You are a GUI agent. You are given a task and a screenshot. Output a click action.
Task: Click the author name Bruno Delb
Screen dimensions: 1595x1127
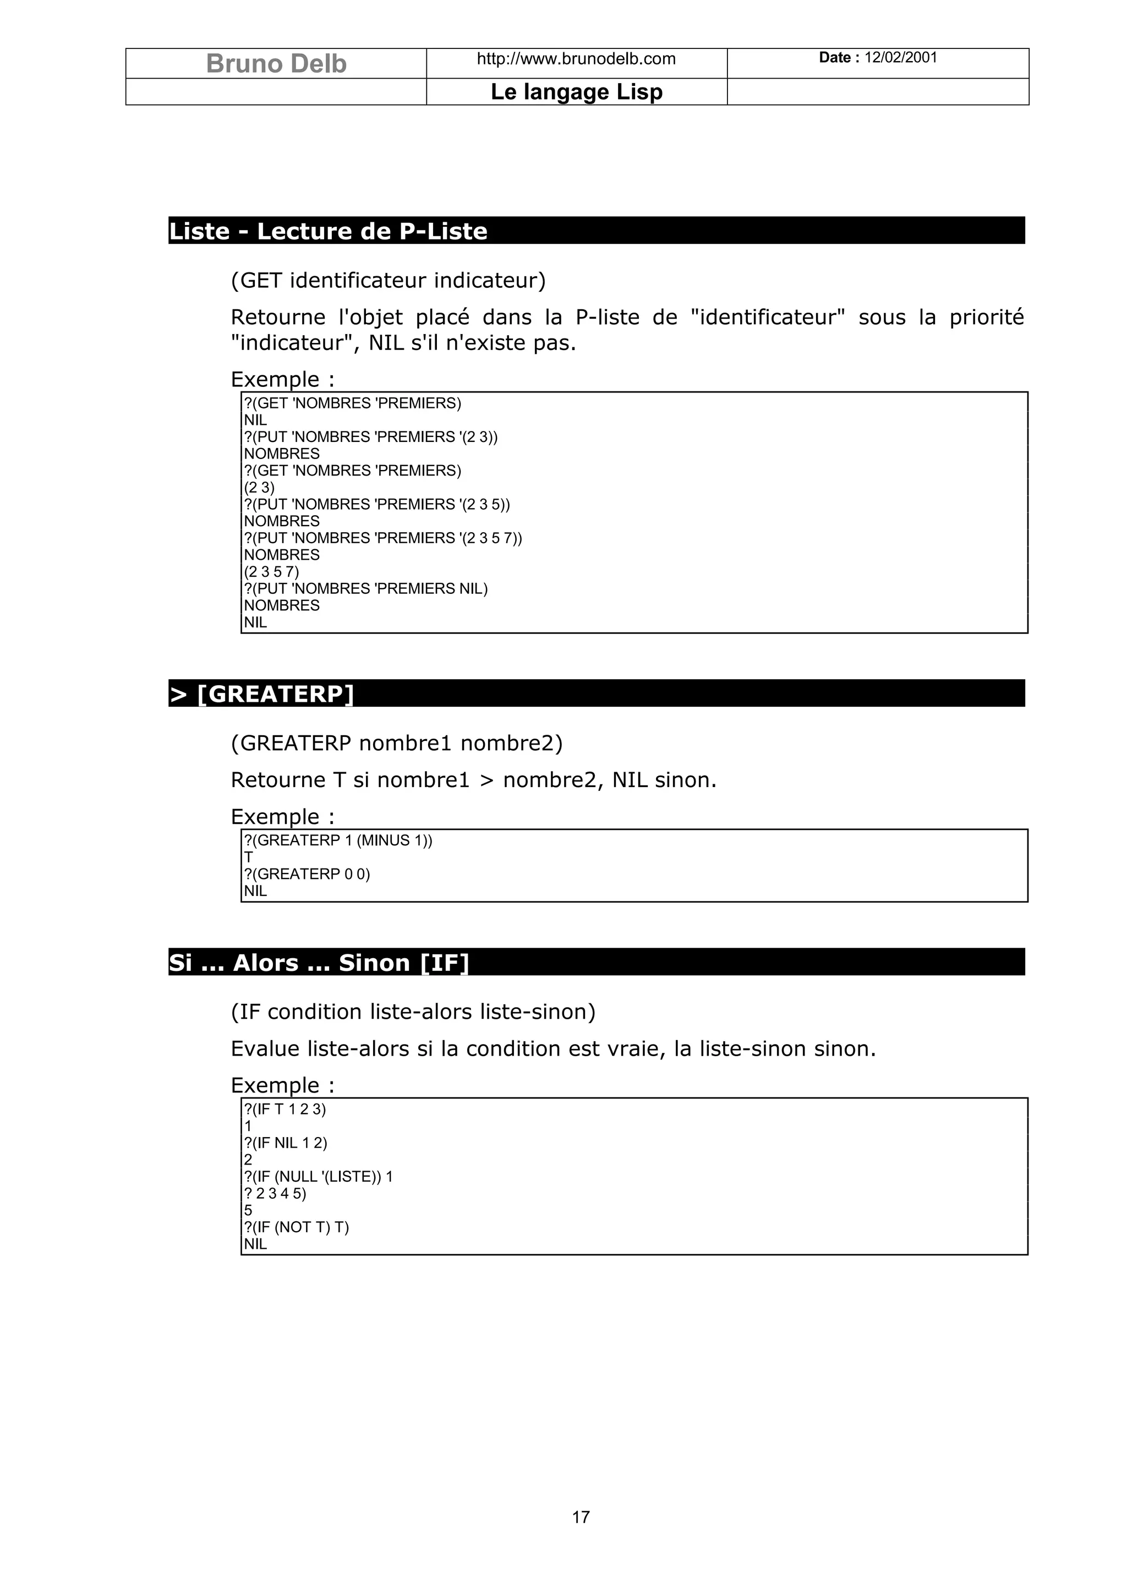276,63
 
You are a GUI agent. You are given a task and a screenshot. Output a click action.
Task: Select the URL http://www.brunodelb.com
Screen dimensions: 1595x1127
576,59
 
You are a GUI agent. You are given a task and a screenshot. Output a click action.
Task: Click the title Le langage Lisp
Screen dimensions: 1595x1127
576,92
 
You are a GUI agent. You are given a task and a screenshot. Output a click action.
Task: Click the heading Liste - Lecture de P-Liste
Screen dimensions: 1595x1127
328,231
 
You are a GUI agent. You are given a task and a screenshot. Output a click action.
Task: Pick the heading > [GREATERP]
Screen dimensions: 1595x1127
262,694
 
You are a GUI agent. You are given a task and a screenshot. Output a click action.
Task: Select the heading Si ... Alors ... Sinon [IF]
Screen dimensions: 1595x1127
319,963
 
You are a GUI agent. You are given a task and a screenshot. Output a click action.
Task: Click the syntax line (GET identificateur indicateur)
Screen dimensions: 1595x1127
388,281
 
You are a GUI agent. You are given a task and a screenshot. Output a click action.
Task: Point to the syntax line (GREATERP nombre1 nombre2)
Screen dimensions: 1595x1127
397,744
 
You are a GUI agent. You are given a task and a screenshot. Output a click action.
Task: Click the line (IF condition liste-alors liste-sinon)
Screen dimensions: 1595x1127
413,1012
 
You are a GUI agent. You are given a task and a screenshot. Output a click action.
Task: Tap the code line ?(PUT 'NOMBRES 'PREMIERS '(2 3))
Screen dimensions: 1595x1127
371,437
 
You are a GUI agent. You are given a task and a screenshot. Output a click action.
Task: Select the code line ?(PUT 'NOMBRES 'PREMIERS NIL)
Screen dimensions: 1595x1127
366,589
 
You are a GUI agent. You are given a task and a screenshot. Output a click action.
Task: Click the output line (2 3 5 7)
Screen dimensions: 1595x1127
271,572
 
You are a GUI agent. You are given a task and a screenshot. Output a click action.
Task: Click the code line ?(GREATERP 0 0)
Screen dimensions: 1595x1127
307,875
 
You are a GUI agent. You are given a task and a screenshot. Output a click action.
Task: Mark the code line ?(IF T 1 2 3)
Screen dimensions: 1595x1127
285,1110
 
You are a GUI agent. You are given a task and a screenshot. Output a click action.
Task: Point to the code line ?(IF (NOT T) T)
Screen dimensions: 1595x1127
297,1227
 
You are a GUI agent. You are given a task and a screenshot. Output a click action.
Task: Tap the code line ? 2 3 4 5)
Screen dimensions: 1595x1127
275,1193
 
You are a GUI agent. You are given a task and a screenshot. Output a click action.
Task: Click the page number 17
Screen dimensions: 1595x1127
581,1517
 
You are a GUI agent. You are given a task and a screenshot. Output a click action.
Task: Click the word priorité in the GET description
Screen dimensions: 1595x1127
986,318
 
